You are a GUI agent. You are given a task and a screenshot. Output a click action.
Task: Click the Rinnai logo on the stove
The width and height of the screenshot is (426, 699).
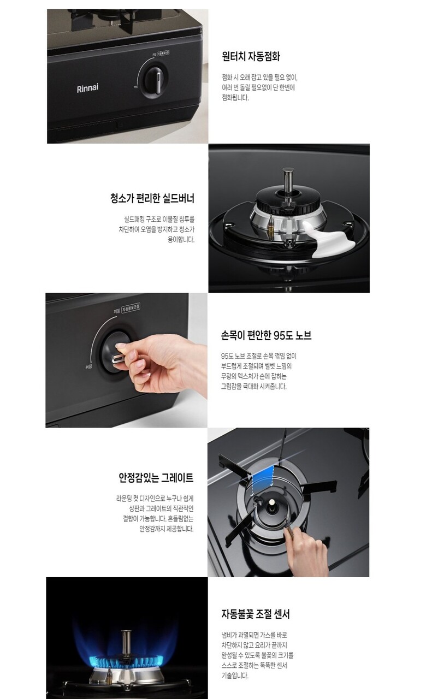click(87, 88)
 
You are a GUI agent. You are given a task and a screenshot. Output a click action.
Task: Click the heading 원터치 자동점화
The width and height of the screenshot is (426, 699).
click(251, 56)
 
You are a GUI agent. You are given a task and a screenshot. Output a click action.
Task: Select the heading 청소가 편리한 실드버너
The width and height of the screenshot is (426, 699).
click(152, 198)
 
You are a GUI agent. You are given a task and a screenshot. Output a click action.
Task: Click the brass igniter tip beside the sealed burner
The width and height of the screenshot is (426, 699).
click(271, 223)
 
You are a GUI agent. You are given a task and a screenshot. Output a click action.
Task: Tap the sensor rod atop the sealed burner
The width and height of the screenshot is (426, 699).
click(288, 182)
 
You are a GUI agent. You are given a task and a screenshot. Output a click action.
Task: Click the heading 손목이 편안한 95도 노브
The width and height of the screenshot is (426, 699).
click(266, 335)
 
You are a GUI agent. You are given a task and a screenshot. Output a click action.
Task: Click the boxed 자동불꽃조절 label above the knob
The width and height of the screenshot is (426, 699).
click(131, 308)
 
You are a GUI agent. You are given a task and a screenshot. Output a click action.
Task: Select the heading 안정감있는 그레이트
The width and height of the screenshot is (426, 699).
click(156, 478)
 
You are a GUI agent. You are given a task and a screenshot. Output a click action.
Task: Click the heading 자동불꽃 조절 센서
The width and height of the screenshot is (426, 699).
click(256, 614)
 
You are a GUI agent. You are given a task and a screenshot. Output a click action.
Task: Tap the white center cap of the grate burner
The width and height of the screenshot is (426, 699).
click(272, 502)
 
